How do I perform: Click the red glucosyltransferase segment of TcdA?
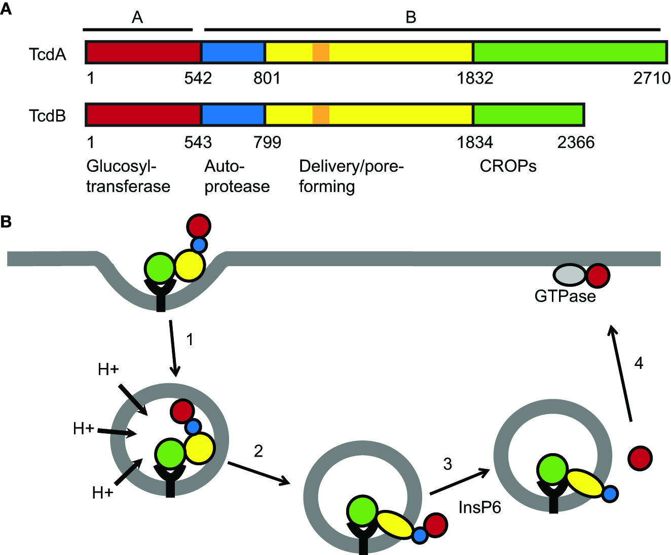143,53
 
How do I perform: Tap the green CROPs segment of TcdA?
569,53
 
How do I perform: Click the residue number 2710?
651,79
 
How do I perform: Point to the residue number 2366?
576,142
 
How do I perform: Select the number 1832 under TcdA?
475,79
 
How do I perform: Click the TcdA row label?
48,54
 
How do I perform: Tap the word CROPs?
508,166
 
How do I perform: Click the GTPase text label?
565,296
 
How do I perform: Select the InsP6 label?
479,507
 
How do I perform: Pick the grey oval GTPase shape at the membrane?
569,275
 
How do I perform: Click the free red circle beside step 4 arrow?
640,458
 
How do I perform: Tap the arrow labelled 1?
173,348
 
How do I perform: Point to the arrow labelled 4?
621,373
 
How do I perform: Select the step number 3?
448,464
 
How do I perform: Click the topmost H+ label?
108,369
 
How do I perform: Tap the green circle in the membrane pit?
160,267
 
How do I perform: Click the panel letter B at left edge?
6,221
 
